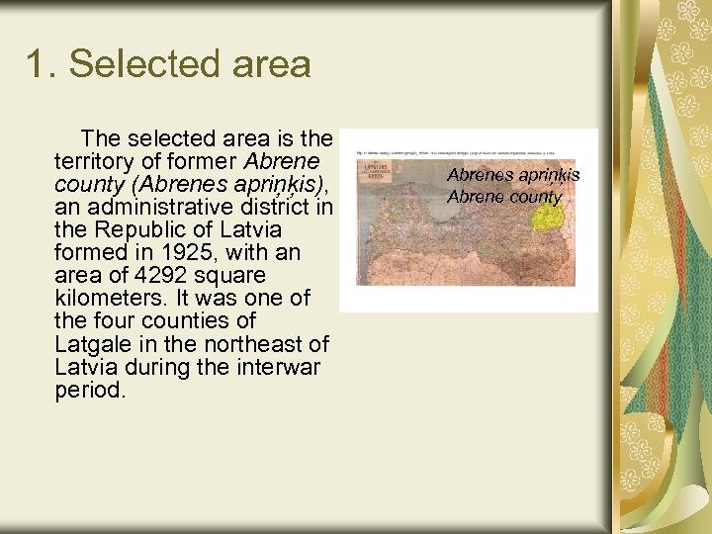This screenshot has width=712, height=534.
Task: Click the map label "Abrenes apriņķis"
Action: [513, 175]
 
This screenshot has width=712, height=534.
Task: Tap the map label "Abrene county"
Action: [503, 196]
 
